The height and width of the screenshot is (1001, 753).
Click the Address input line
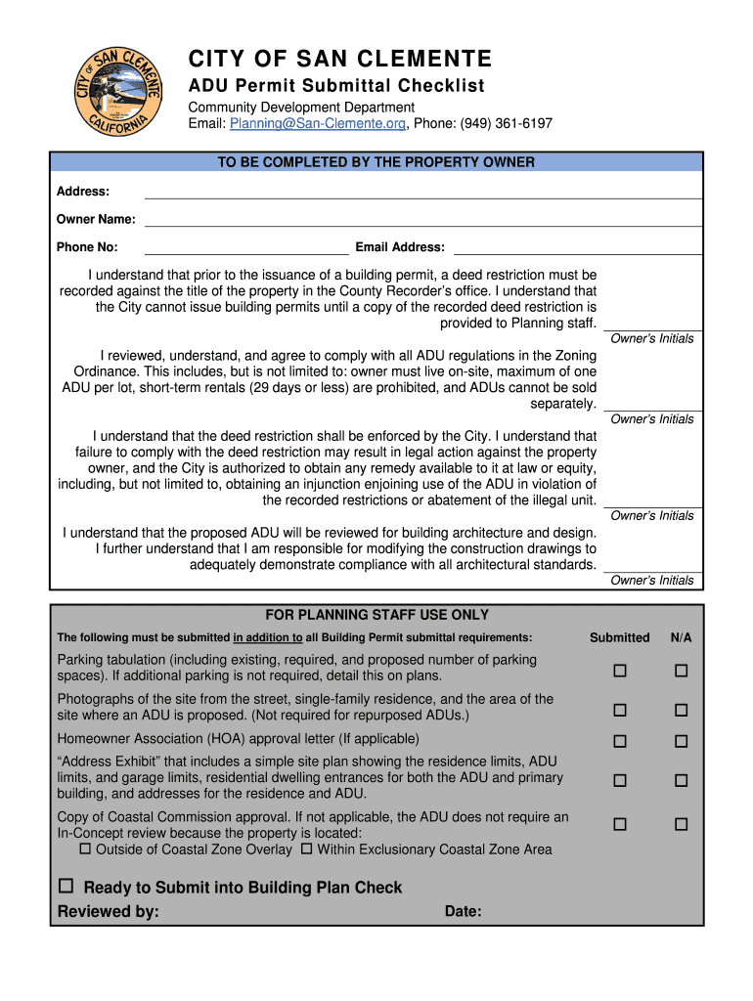click(x=422, y=193)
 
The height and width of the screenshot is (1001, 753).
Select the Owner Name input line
click(x=422, y=220)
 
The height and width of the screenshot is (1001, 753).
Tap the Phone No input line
click(x=245, y=248)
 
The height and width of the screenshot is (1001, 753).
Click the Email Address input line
click(x=577, y=248)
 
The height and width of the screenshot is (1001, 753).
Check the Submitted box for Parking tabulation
click(x=619, y=671)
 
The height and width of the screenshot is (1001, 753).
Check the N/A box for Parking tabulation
click(x=681, y=671)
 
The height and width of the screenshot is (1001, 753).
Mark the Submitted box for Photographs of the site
click(x=619, y=710)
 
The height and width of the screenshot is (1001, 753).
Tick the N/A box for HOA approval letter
click(x=681, y=742)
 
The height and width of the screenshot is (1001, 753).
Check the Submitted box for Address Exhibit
click(x=619, y=781)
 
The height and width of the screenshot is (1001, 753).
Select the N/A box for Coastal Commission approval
click(x=681, y=825)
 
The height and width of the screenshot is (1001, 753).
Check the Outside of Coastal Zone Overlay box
click(x=85, y=849)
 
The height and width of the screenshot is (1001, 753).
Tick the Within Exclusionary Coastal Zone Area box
click(x=306, y=849)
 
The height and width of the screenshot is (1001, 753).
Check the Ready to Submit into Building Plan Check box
click(x=66, y=887)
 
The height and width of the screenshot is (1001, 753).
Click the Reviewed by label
click(x=109, y=912)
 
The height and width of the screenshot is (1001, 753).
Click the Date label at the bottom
click(x=463, y=912)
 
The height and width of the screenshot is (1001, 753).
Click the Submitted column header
click(x=619, y=637)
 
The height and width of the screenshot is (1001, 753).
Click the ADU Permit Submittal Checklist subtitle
click(x=335, y=86)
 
